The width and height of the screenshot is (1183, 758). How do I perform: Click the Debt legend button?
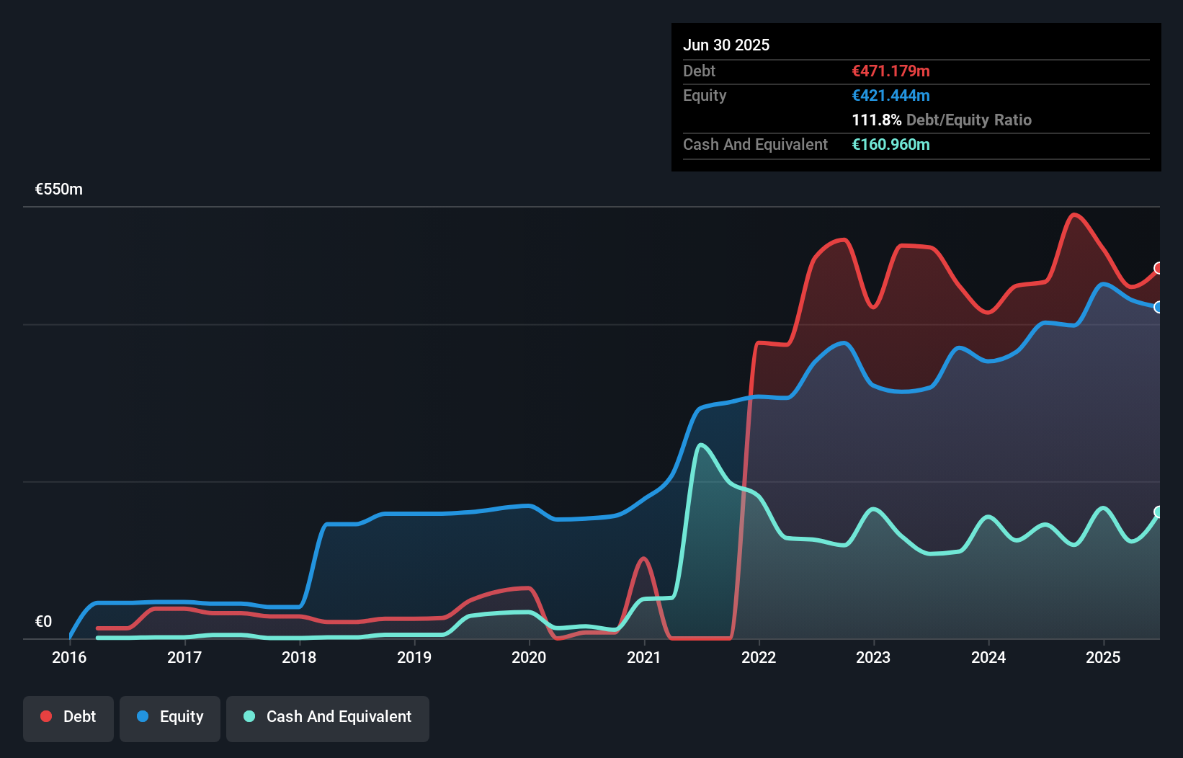(x=68, y=718)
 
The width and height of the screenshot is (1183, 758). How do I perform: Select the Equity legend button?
(x=170, y=718)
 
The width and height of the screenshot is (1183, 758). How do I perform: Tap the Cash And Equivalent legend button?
(x=328, y=718)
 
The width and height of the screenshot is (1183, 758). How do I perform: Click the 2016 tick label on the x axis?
(x=69, y=657)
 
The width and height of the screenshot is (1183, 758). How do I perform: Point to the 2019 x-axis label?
(x=414, y=657)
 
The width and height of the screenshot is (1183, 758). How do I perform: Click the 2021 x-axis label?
(x=643, y=657)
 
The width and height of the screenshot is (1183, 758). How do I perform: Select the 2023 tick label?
(x=873, y=657)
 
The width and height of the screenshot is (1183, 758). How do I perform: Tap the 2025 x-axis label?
(x=1103, y=657)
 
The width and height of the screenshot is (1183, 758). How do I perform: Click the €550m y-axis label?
(x=59, y=189)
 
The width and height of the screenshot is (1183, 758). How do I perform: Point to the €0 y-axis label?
(x=43, y=621)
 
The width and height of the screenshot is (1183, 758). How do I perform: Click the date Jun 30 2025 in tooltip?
(x=726, y=45)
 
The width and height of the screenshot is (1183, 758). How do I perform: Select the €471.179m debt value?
(x=890, y=71)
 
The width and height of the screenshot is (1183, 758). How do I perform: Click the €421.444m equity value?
(x=890, y=95)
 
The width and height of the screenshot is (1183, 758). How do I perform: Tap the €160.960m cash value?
(x=890, y=144)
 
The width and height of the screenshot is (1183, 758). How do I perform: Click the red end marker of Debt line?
(x=1159, y=268)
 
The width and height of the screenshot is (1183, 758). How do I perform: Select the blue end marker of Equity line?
(x=1159, y=307)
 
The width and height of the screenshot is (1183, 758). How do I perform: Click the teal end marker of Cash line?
(x=1159, y=512)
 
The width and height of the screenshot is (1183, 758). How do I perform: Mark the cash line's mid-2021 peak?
(x=701, y=445)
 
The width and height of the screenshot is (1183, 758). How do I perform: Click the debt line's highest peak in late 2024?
(x=1074, y=214)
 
